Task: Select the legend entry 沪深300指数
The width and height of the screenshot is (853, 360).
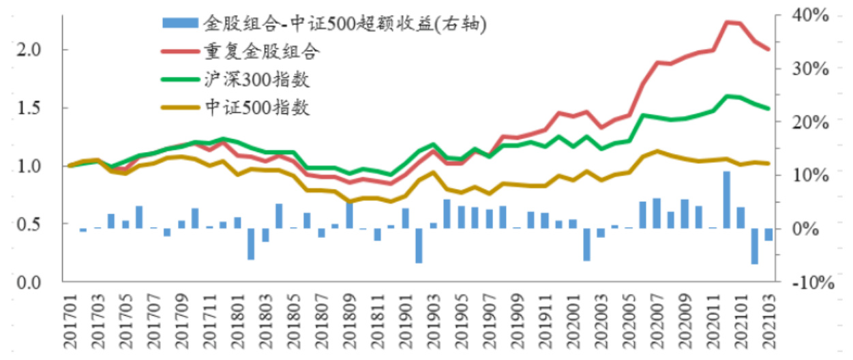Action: pyautogui.click(x=256, y=79)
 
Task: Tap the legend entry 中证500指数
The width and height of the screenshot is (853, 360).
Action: pyautogui.click(x=256, y=107)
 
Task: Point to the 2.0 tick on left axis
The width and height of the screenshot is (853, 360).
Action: pyautogui.click(x=31, y=50)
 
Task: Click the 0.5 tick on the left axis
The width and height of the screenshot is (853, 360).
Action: pyautogui.click(x=31, y=224)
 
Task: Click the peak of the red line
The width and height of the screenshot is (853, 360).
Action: pyautogui.click(x=727, y=22)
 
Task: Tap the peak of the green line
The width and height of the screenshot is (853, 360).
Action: pyautogui.click(x=727, y=95)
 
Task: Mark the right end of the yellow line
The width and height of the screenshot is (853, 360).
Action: pyautogui.click(x=769, y=163)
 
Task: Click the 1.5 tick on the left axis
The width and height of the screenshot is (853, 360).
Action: pyautogui.click(x=31, y=108)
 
